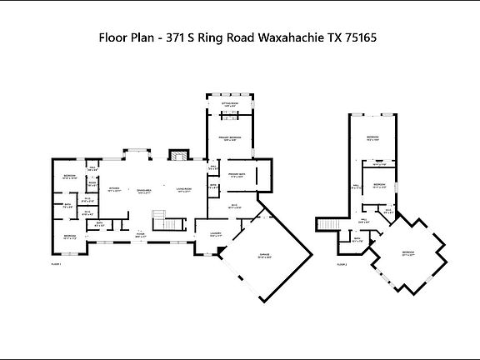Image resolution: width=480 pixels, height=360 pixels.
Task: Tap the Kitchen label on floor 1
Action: point(115,189)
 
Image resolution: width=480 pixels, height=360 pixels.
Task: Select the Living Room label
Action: point(184,190)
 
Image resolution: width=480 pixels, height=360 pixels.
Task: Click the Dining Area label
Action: point(145,190)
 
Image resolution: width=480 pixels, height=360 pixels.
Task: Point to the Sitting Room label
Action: point(231,105)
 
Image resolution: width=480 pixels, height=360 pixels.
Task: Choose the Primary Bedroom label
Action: point(230,138)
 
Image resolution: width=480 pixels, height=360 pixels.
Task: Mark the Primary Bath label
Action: point(235,174)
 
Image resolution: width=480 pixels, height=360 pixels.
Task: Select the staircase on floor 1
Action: point(170,222)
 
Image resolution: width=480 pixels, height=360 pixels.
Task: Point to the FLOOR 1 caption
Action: point(56,264)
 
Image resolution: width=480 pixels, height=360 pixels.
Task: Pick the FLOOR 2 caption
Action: point(341,264)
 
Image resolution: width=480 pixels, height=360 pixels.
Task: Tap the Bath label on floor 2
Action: point(357,240)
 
